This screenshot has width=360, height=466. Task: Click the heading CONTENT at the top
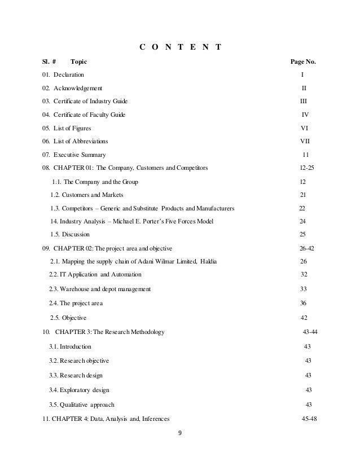coord(180,46)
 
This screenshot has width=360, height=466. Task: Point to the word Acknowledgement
coord(78,88)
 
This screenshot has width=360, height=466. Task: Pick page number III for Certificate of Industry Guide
coord(303,101)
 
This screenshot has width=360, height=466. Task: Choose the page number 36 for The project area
coord(304,304)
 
